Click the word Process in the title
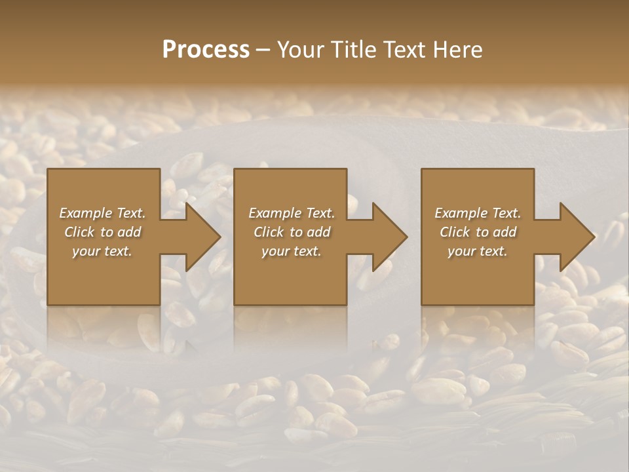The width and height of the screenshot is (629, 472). tap(206, 50)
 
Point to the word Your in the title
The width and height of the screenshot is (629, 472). tap(301, 50)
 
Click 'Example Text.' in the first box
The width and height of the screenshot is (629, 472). tap(102, 213)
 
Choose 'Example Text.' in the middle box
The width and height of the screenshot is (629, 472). tap(292, 213)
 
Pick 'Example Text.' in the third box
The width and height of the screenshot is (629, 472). tap(478, 213)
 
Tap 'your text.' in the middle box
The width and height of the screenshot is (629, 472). tap(291, 251)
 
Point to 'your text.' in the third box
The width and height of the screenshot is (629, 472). tap(477, 251)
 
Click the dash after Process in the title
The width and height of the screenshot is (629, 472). tap(263, 50)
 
